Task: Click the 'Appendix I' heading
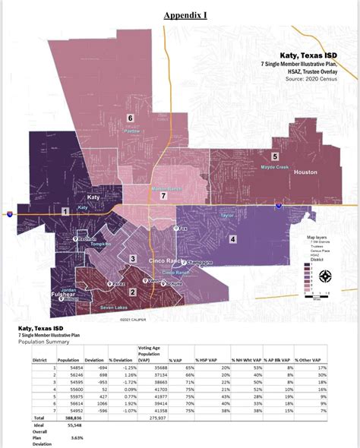coord(185,14)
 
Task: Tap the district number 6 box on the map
coord(130,118)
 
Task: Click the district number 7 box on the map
coord(163,195)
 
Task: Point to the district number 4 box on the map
coord(232,239)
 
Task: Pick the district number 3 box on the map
coord(133,259)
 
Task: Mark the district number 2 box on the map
coord(132,292)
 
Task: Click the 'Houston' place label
coord(305,172)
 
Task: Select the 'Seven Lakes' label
coord(114,308)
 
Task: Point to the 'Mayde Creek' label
coord(274,167)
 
